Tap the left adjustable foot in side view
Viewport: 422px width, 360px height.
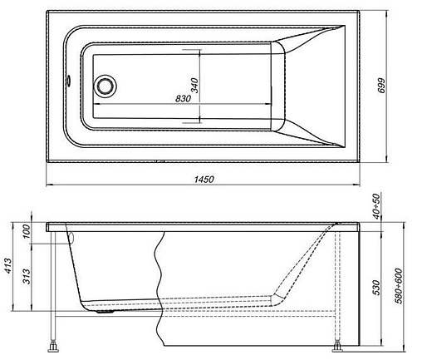(x=54, y=343)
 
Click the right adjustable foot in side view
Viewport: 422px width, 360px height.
(x=339, y=343)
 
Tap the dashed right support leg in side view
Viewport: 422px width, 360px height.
(x=339, y=283)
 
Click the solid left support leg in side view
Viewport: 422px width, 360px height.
(x=54, y=283)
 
